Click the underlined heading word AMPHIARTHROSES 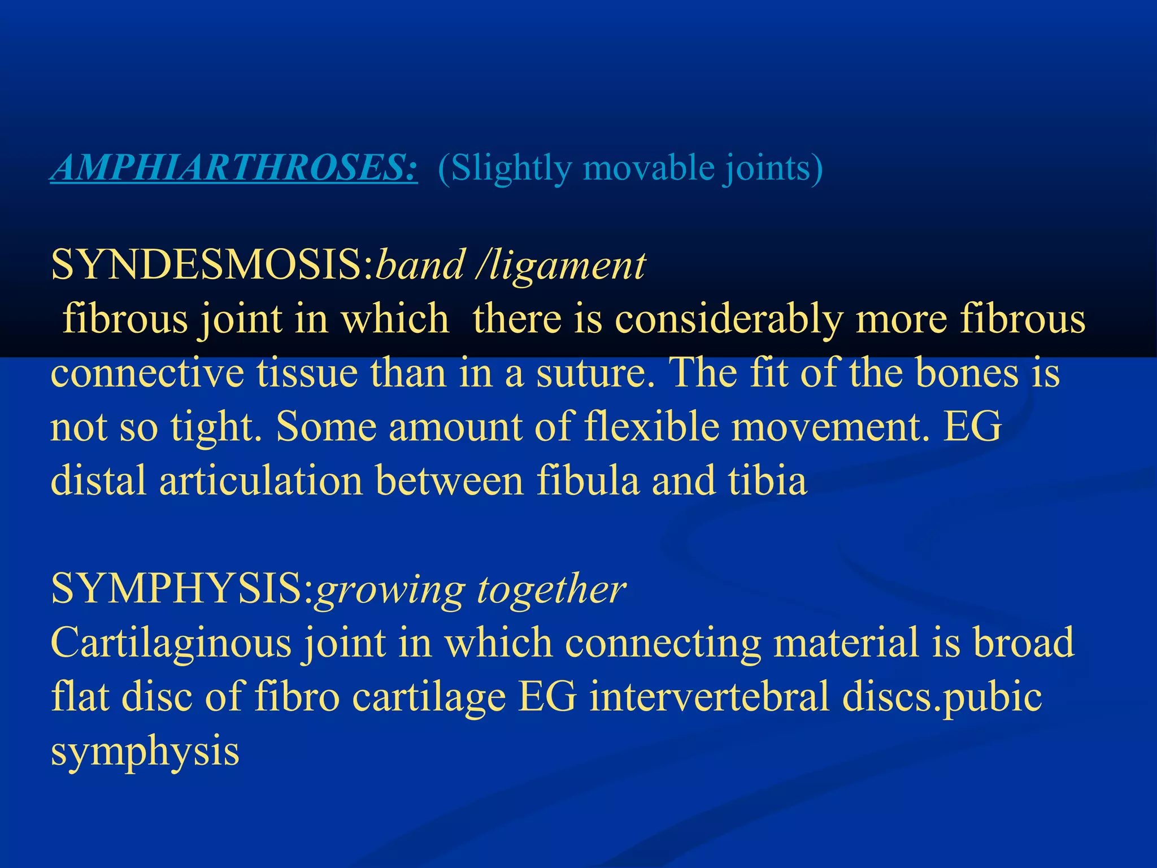point(234,168)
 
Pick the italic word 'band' point(420,264)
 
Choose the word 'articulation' point(260,481)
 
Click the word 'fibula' point(588,481)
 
